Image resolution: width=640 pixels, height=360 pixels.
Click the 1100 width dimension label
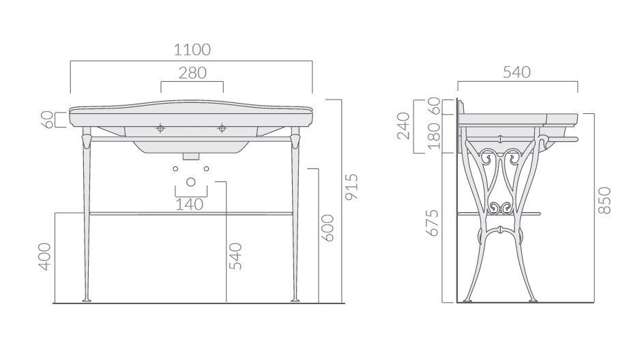click(192, 50)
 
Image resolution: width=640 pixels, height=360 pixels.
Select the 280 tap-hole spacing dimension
click(192, 73)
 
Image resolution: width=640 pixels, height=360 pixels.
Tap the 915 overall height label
click(352, 187)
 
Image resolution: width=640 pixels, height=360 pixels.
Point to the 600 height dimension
click(328, 228)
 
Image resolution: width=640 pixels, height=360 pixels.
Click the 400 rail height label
click(45, 256)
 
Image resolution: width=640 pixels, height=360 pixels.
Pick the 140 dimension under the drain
click(190, 205)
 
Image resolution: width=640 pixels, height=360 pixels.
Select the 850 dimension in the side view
click(605, 200)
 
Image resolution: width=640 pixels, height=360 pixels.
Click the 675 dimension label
click(433, 223)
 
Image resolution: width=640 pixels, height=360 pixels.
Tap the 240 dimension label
click(403, 126)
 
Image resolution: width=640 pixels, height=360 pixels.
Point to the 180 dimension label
click(435, 136)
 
